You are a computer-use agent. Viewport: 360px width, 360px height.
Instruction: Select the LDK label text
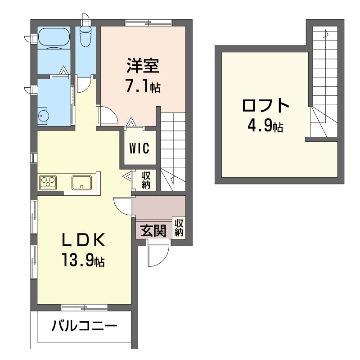84,240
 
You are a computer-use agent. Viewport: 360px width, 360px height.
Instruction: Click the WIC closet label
139,148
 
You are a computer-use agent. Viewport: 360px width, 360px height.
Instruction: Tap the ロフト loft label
265,105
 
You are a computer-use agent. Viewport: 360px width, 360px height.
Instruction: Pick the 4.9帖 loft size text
265,126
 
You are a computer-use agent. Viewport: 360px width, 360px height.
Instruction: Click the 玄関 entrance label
153,230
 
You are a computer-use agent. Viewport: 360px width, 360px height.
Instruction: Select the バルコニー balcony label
85,325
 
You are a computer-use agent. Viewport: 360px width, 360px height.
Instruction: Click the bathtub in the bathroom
54,37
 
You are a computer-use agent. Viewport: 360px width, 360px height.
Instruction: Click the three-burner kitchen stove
48,183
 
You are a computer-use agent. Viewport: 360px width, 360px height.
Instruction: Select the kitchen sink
81,183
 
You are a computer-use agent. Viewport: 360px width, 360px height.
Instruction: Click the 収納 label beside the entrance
179,228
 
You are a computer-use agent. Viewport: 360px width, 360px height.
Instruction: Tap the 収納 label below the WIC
146,180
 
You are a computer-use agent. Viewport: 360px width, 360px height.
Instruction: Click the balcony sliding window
85,307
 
